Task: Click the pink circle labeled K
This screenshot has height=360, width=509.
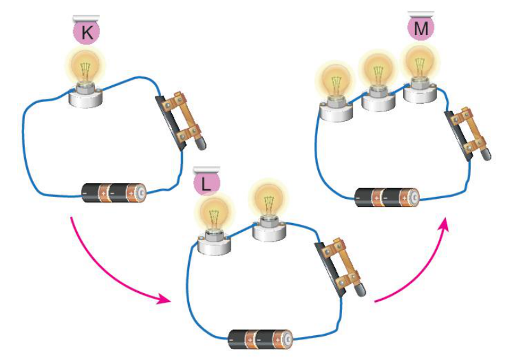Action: (86, 31)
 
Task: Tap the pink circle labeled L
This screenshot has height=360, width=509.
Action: (207, 183)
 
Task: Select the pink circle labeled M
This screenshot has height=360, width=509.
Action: (420, 27)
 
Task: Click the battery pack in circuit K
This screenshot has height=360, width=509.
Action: (113, 193)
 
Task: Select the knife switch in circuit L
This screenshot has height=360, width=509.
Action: (339, 267)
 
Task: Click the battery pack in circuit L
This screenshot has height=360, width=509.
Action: (261, 340)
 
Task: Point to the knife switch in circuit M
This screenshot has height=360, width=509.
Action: (468, 134)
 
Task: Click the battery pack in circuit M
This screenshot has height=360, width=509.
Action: (387, 198)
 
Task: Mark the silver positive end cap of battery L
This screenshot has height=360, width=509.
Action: (288, 340)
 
